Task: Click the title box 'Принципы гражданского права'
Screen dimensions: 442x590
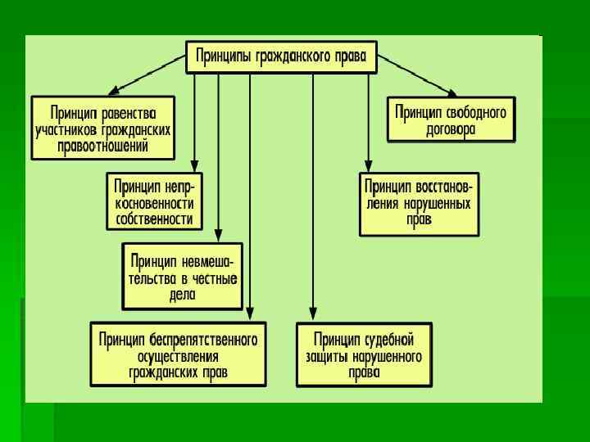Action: (x=281, y=57)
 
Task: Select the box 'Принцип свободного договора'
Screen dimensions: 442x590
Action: (x=451, y=120)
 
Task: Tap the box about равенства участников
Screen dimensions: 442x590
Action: (x=103, y=128)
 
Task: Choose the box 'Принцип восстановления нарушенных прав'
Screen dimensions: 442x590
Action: (x=419, y=203)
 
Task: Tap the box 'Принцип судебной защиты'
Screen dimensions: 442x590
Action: (x=363, y=354)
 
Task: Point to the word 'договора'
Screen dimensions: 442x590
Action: (x=451, y=129)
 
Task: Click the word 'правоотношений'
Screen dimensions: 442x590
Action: (x=103, y=147)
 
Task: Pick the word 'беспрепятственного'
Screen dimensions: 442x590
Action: (x=204, y=337)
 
